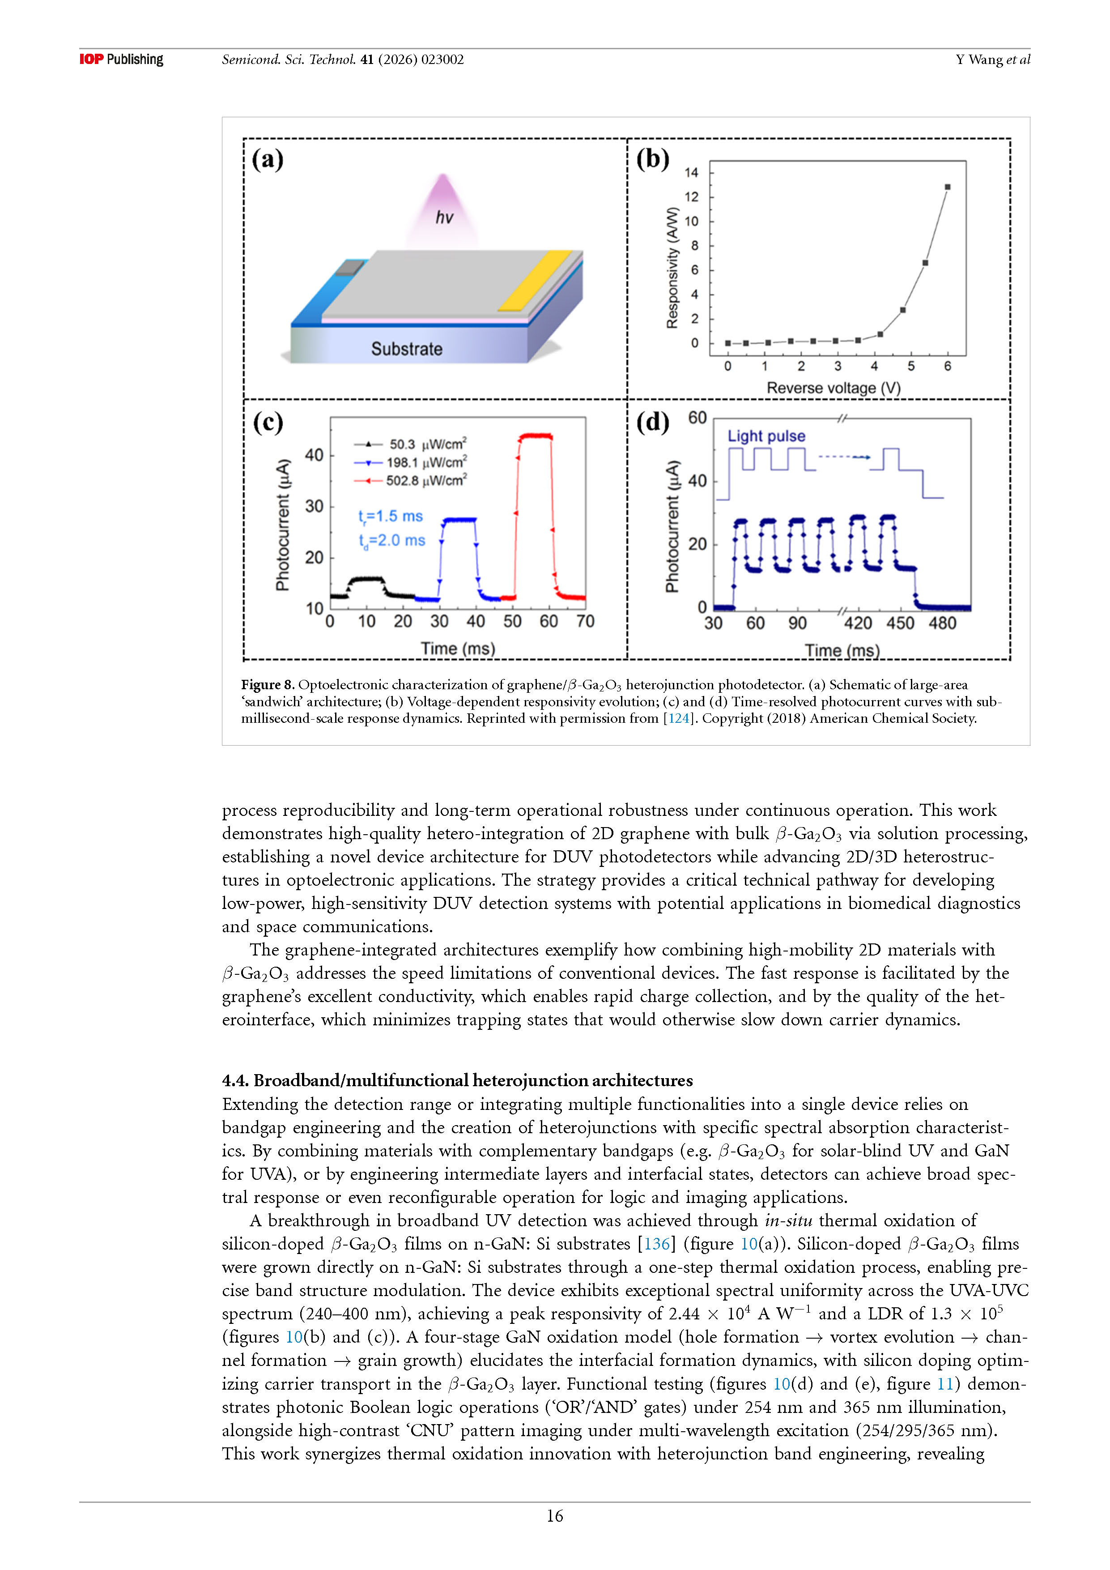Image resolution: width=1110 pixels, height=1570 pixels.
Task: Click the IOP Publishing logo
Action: tap(121, 60)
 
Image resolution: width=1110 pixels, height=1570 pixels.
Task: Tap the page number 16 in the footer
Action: tap(554, 1516)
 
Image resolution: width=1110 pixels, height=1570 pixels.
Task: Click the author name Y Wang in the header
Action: tap(979, 60)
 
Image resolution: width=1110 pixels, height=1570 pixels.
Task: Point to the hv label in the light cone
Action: tap(444, 218)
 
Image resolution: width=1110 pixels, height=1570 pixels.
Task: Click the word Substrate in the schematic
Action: tap(407, 350)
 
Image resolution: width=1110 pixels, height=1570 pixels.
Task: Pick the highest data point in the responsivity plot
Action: tap(947, 187)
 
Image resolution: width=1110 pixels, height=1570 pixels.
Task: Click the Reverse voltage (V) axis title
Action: tap(833, 388)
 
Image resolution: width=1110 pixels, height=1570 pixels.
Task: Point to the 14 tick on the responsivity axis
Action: tap(691, 172)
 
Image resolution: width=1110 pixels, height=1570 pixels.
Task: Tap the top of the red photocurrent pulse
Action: tap(535, 435)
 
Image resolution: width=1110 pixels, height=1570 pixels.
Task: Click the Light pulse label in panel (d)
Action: tap(766, 436)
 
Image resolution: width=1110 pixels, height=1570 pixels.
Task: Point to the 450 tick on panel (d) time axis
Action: tap(900, 623)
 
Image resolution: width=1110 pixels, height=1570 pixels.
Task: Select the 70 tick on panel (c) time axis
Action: tap(585, 621)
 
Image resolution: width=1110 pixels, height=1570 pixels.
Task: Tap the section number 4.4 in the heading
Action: tap(234, 1080)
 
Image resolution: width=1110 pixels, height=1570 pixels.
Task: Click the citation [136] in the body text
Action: tap(656, 1244)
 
